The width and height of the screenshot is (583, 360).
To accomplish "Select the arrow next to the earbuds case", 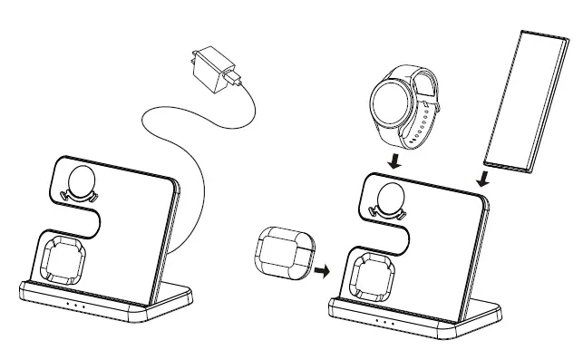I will [x=320, y=269].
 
